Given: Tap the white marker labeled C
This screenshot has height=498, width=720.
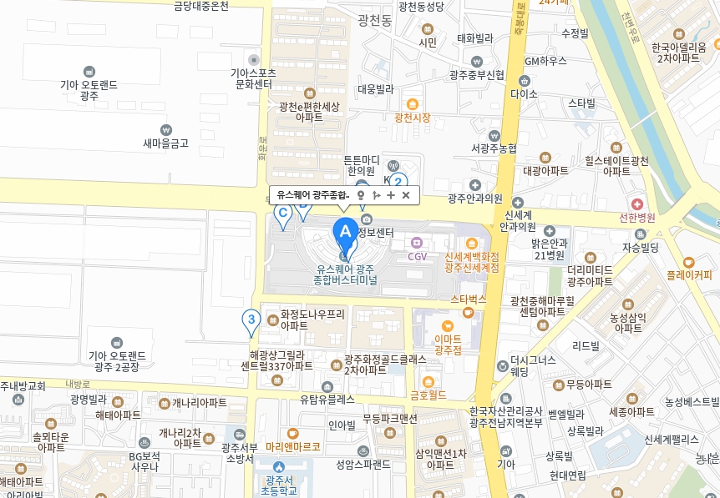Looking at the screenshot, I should [x=283, y=214].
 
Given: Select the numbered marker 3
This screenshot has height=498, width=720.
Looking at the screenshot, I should [x=251, y=319].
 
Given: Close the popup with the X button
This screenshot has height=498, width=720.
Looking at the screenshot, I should [x=406, y=195].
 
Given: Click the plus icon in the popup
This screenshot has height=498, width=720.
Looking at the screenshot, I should [x=391, y=195].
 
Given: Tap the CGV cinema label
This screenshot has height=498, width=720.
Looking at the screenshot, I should [x=417, y=256].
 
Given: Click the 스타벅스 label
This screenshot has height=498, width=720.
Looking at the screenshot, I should [x=468, y=298].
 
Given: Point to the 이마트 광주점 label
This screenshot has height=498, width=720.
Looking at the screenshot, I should [x=448, y=345].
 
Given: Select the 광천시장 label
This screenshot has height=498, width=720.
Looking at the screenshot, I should [x=413, y=118].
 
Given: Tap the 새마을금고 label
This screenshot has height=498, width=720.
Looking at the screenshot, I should [x=165, y=143].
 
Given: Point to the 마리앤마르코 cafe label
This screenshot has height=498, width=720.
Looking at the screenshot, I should [x=293, y=445].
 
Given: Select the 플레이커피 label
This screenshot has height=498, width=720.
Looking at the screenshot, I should [x=689, y=273].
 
